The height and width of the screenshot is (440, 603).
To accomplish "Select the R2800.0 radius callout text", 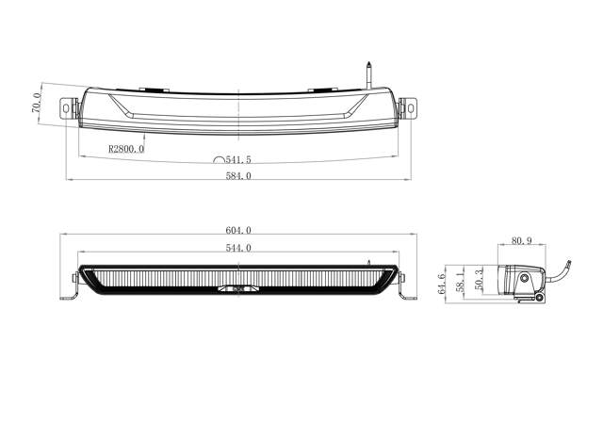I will (x=126, y=149).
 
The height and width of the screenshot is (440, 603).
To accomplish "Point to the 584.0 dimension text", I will (x=237, y=175).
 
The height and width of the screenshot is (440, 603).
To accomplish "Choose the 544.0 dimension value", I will (x=237, y=248).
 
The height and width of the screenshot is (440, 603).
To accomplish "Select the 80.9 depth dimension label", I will (x=520, y=241).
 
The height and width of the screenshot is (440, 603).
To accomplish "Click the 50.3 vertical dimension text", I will (x=481, y=279).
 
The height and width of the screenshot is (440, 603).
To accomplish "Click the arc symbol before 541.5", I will (x=220, y=161).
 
